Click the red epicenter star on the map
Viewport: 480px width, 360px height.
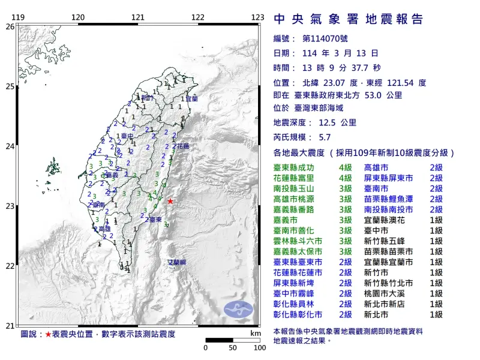tap(170, 202)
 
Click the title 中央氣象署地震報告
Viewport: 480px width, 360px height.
tap(348, 19)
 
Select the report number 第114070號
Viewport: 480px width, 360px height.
tap(323, 38)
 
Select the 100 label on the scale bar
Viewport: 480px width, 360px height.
tap(260, 347)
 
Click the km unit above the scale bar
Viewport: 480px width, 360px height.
tap(256, 332)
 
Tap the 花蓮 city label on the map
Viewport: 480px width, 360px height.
tap(182, 146)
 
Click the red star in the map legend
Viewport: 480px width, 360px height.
tap(49, 333)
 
